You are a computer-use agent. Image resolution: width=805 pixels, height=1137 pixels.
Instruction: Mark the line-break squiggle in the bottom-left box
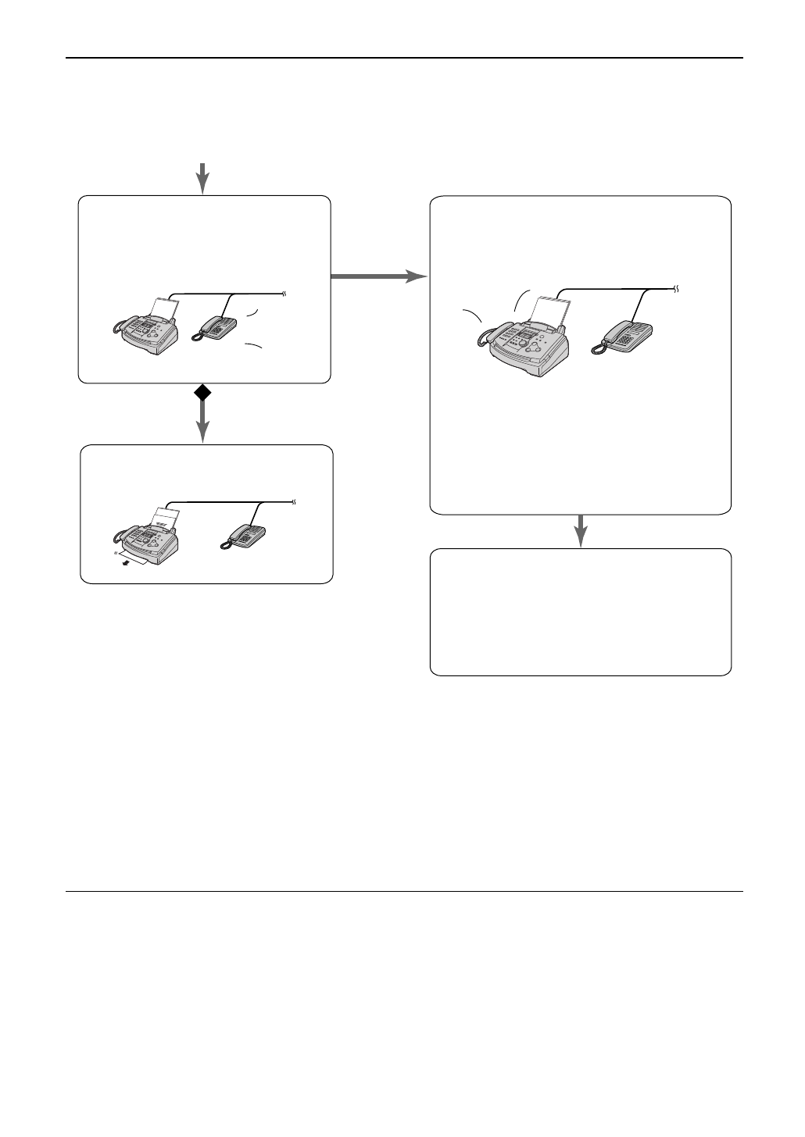294,501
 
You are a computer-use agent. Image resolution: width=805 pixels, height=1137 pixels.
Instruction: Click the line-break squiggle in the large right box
677,288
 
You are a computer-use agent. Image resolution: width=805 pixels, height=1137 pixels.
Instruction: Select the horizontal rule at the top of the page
403,58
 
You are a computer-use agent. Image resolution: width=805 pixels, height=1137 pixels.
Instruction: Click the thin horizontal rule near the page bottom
403,891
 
